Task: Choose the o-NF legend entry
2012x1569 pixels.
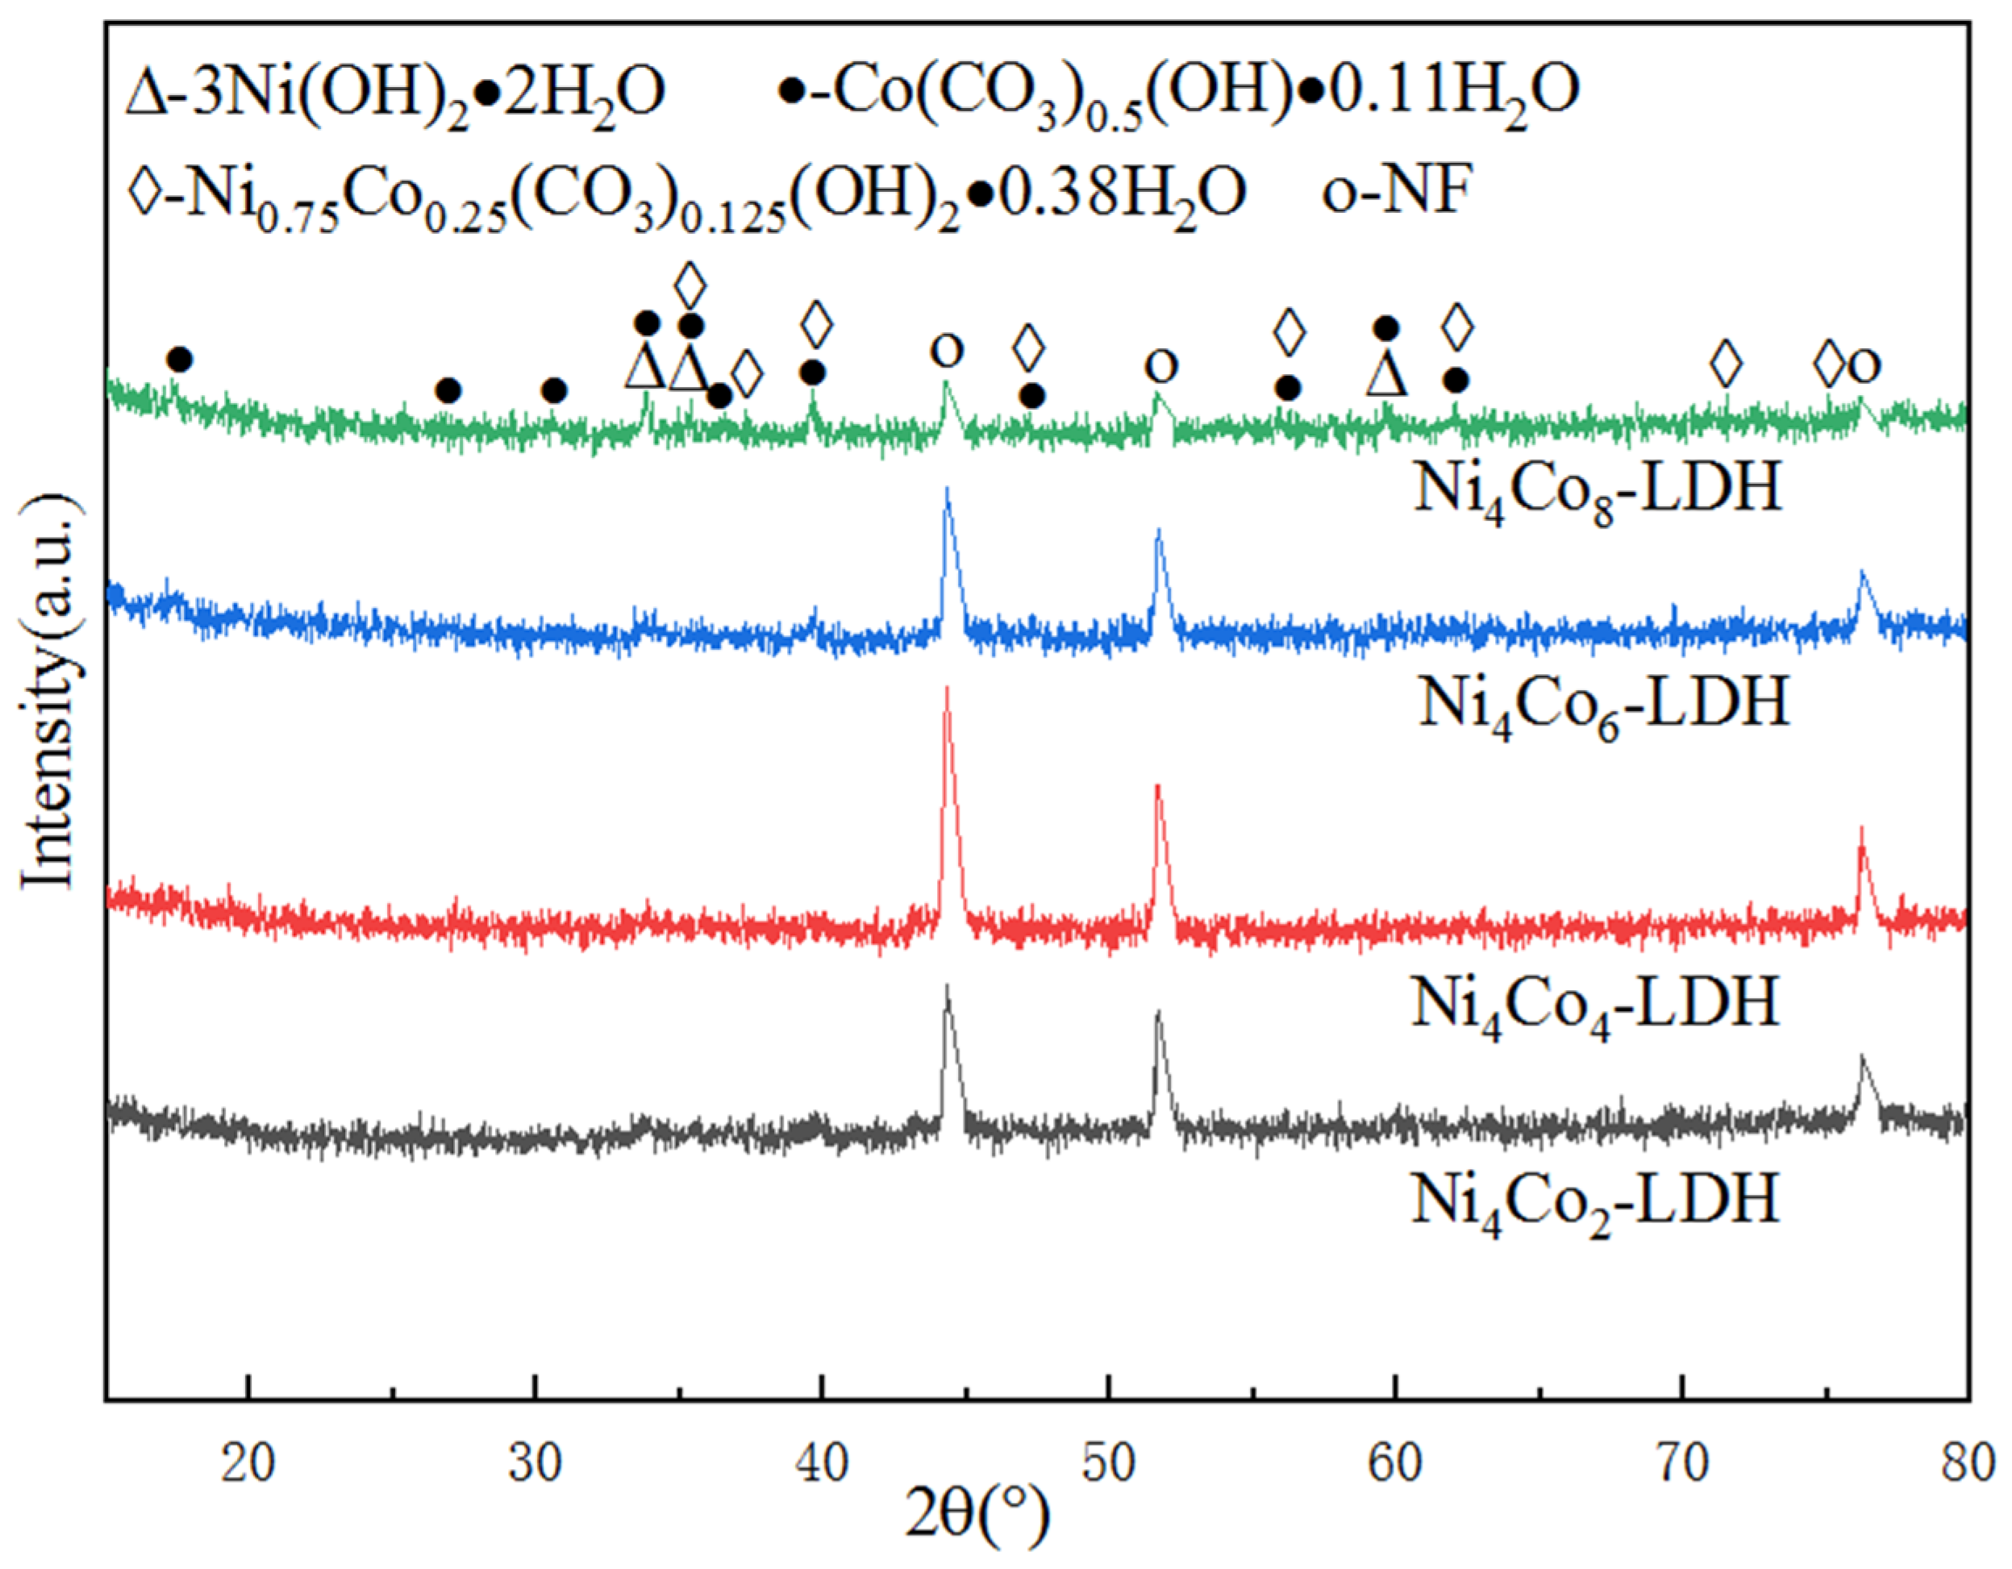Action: coord(1393,193)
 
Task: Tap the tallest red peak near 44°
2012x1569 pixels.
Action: coord(946,691)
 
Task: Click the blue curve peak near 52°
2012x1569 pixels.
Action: coord(1158,531)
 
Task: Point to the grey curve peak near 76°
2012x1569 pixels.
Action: coord(1862,1057)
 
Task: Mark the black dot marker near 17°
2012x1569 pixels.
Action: coord(181,360)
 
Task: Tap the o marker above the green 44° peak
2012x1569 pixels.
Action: coord(946,351)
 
